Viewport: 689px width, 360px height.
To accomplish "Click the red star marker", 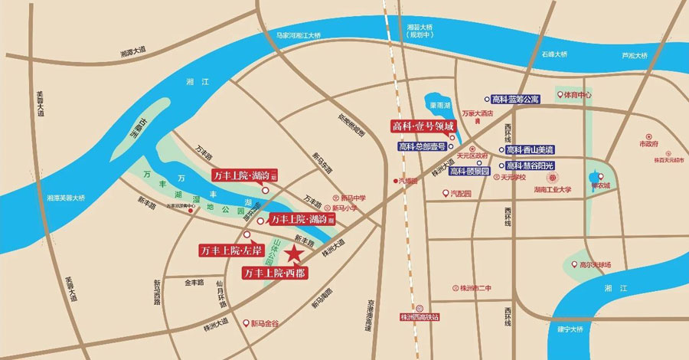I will click(293, 254).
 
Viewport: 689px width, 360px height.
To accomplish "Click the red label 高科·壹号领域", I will click(423, 126).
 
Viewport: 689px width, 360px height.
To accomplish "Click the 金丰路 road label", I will click(191, 283).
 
